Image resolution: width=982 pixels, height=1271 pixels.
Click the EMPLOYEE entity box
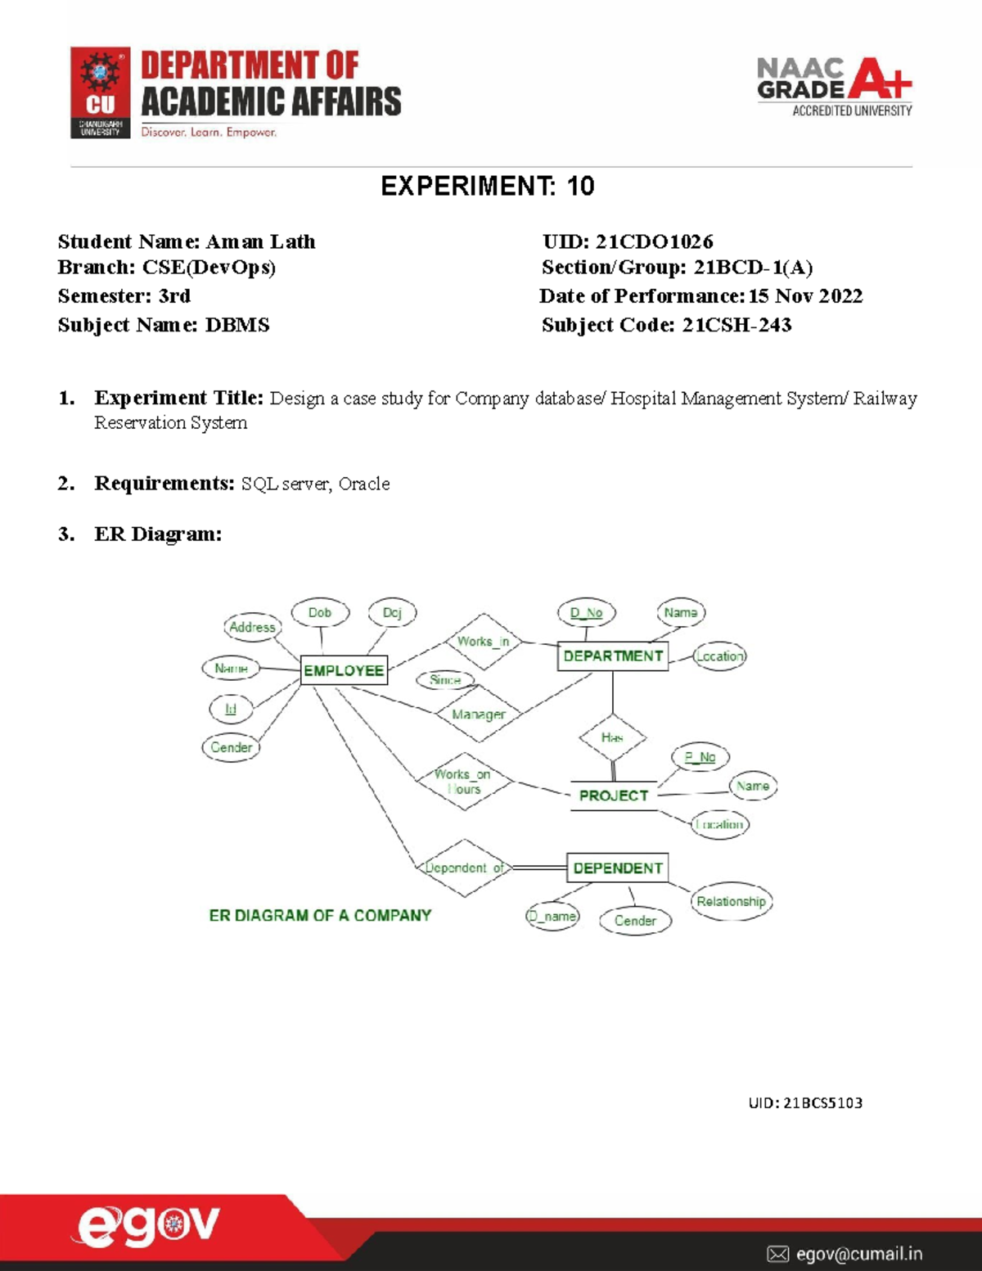click(344, 670)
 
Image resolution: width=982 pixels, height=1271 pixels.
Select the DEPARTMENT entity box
click(613, 656)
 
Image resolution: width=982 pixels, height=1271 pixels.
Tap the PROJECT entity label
click(613, 796)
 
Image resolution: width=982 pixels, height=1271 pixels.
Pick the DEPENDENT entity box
click(618, 868)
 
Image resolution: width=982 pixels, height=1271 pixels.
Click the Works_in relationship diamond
click(484, 642)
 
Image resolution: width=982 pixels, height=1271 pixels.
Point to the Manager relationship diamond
click(479, 714)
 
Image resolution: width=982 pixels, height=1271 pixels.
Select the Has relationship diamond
click(612, 737)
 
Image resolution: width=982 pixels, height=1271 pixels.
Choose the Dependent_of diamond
click(464, 868)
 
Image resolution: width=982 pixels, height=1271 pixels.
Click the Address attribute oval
click(252, 627)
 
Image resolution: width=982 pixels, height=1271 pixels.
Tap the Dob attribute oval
click(320, 613)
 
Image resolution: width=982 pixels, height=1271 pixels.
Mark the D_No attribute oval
click(586, 613)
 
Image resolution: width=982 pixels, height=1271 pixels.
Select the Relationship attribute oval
click(731, 901)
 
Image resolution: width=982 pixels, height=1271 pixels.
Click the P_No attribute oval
click(700, 758)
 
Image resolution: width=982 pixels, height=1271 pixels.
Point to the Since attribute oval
click(445, 679)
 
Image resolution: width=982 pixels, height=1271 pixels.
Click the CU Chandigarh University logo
click(101, 92)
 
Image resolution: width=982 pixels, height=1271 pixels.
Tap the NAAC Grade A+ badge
click(834, 87)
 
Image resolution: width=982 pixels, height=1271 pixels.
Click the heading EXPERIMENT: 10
click(488, 187)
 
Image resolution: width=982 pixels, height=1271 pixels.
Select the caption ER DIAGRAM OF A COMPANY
click(320, 915)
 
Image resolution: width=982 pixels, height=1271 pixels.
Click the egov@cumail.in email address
click(858, 1253)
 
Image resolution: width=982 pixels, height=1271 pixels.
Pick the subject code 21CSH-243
click(736, 325)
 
